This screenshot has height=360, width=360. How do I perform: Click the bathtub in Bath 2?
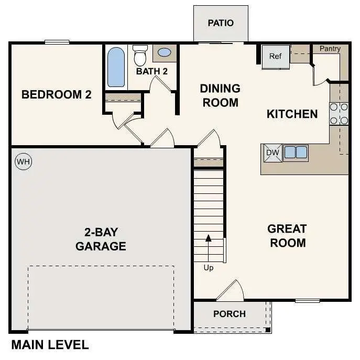(116, 68)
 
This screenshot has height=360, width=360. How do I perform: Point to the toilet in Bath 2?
(140, 54)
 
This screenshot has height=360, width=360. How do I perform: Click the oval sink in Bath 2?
(164, 53)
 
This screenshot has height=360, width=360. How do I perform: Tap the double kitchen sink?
(296, 152)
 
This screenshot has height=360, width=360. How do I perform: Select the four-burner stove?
(339, 114)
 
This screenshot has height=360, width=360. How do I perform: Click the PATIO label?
(221, 23)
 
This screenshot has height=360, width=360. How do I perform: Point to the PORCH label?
(230, 314)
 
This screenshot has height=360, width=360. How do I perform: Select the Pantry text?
(330, 49)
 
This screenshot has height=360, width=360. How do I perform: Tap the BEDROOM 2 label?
(57, 95)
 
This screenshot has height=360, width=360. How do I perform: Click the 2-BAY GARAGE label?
(101, 239)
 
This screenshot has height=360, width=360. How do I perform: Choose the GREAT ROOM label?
(287, 236)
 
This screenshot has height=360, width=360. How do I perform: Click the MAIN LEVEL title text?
(50, 345)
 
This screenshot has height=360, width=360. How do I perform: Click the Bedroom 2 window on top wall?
(57, 42)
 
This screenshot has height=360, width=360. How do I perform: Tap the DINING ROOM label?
(220, 95)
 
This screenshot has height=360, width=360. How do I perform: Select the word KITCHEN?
(292, 114)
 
